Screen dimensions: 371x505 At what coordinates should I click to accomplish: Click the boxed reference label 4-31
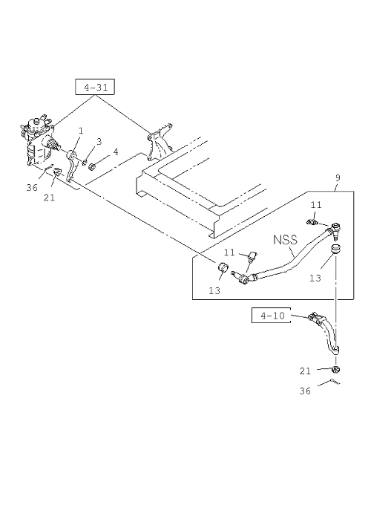(95, 87)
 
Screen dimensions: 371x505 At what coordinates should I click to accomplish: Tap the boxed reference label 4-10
(271, 316)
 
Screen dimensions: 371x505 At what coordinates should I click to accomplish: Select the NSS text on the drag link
(285, 240)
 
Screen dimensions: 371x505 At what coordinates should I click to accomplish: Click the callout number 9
(338, 177)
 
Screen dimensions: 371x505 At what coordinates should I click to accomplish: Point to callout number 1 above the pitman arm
(81, 131)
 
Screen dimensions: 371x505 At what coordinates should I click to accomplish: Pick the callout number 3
(99, 141)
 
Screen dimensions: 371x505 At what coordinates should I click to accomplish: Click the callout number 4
(116, 151)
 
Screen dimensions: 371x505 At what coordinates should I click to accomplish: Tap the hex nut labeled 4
(92, 166)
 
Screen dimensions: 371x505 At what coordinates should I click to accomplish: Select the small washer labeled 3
(85, 162)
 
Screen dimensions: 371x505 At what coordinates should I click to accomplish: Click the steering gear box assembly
(39, 140)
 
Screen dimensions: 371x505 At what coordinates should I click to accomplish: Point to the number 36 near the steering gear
(32, 187)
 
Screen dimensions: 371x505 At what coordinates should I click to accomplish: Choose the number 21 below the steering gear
(49, 197)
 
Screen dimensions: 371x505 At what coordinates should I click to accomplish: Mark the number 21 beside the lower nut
(305, 371)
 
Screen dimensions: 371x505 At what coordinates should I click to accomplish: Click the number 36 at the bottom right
(305, 391)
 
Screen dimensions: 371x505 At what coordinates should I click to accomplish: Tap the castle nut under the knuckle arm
(335, 369)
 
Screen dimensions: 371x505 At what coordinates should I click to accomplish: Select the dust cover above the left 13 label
(223, 267)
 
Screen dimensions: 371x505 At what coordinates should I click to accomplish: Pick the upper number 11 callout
(316, 205)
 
